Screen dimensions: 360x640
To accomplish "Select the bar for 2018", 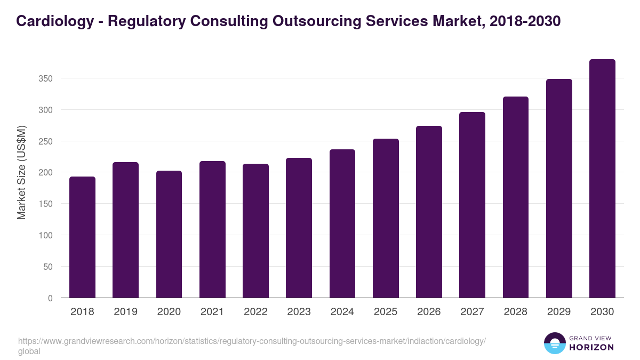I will click(x=82, y=237).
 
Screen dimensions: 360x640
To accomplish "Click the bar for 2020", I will click(x=169, y=235).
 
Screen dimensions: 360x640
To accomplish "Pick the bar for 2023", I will click(x=299, y=228).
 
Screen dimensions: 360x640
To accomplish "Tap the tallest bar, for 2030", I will click(x=602, y=179).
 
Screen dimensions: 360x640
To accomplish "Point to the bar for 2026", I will click(x=429, y=212).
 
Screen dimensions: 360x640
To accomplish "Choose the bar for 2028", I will click(x=516, y=197).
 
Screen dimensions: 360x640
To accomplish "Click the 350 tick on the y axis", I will click(x=46, y=79).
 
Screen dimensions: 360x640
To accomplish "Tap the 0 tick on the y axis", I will click(x=50, y=298).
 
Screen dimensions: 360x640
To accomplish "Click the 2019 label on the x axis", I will click(x=125, y=312).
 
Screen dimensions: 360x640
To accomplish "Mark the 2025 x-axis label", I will click(x=386, y=312).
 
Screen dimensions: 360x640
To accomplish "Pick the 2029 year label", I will click(x=559, y=312).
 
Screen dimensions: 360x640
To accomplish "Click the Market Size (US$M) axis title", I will click(x=21, y=172).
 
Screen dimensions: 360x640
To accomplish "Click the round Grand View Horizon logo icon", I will click(x=555, y=343).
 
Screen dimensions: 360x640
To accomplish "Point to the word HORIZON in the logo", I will click(x=591, y=347).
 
